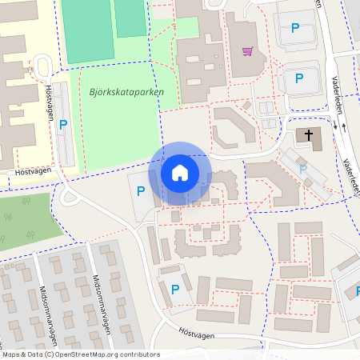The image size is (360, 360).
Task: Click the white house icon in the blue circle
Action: tap(180, 173)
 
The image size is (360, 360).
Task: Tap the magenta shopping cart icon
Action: tap(248, 52)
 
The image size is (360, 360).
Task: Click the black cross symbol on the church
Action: tap(308, 135)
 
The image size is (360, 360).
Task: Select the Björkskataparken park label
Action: tap(122, 92)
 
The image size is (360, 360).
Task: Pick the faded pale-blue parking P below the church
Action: tap(303, 169)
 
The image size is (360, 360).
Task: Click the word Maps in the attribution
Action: tap(12, 354)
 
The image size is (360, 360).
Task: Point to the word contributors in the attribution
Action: tap(138, 354)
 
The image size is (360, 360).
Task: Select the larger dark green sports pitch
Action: tap(88, 30)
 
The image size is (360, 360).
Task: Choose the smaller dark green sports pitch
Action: tap(130, 18)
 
